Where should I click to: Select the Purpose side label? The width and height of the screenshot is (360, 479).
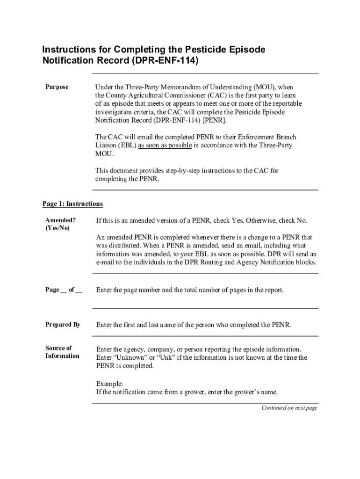click(57, 87)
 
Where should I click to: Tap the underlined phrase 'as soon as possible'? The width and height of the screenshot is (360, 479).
click(165, 145)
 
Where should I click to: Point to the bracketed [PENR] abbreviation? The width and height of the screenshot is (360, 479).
click(216, 120)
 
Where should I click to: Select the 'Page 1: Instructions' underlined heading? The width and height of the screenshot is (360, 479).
click(72, 204)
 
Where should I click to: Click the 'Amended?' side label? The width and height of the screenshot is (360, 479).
click(60, 220)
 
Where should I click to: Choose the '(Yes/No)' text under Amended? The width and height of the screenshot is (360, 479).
click(57, 228)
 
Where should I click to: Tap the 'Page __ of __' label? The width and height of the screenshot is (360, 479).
click(64, 290)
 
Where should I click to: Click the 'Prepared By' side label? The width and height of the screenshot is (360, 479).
click(63, 325)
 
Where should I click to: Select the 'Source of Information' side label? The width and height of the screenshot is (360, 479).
click(62, 352)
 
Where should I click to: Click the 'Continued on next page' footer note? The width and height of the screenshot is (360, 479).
click(289, 408)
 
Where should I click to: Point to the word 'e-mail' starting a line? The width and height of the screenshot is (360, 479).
click(105, 262)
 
